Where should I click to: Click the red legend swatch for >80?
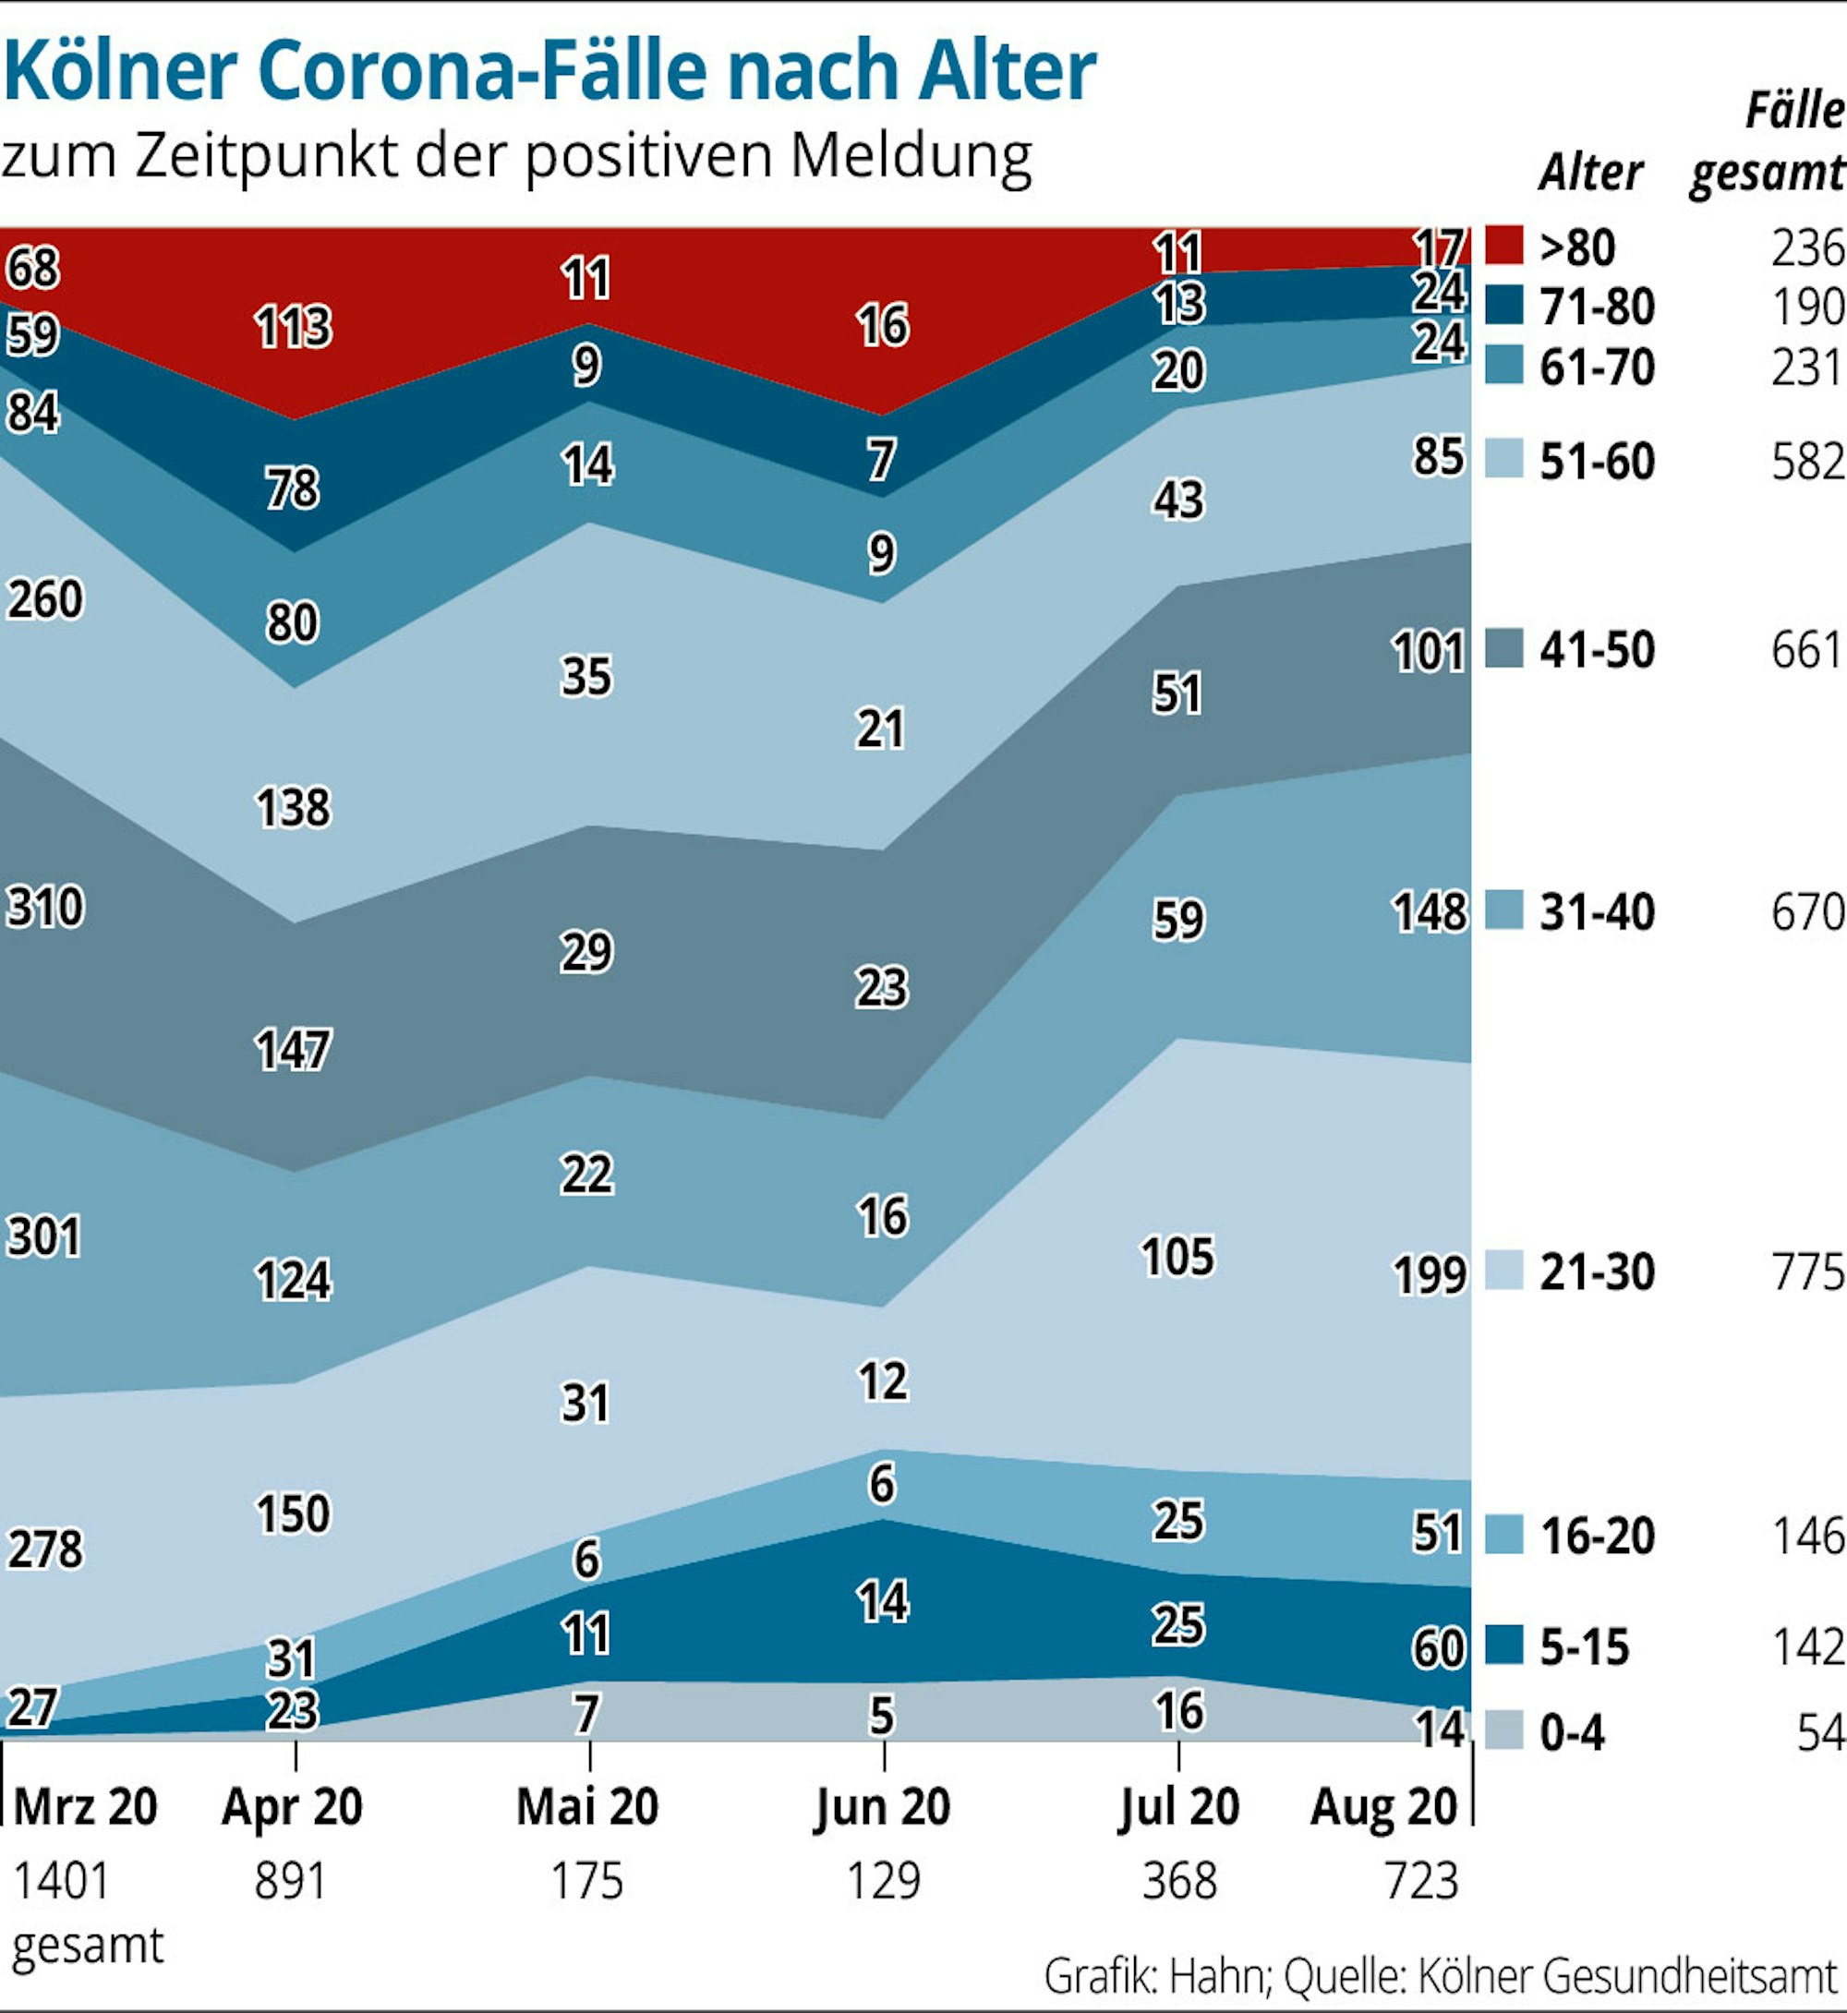pos(1503,246)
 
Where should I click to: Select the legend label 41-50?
pos(1596,650)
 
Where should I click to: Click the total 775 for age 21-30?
pos(1807,1272)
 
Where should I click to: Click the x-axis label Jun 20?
pos(882,1806)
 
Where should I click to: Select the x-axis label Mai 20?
pos(586,1806)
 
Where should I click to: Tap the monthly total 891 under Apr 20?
pos(290,1881)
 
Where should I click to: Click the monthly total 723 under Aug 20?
pos(1421,1881)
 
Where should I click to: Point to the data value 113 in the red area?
pos(292,327)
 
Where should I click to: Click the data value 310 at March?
pos(45,908)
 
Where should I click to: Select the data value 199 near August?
pos(1430,1274)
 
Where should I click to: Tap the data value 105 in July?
pos(1177,1257)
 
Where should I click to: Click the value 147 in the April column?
pos(292,1051)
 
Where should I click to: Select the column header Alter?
pos(1589,173)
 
